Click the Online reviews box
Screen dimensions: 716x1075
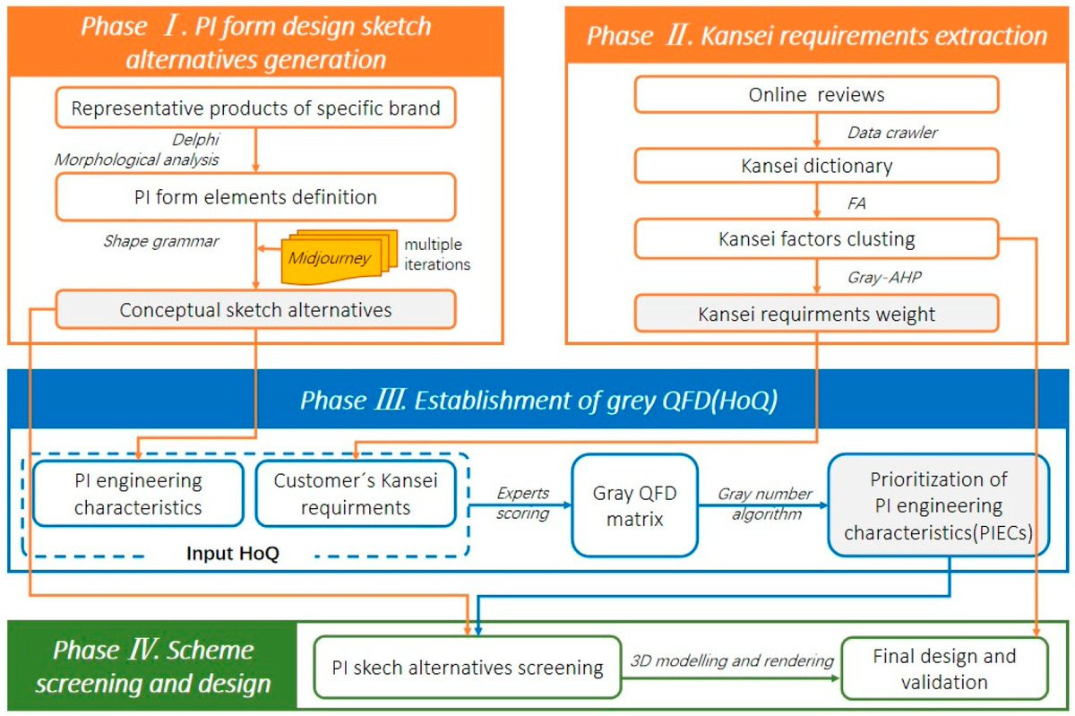coord(816,95)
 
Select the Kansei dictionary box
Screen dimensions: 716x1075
coord(816,166)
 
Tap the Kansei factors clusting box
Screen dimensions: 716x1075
coord(816,239)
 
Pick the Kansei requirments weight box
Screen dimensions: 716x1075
coord(816,315)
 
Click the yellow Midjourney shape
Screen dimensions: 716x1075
coord(329,258)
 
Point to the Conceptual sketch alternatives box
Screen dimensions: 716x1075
coord(255,310)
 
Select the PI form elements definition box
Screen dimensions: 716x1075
coord(255,196)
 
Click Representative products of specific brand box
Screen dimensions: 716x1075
coord(255,109)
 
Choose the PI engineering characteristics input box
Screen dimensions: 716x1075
coord(138,494)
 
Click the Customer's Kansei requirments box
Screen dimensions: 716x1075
coord(356,494)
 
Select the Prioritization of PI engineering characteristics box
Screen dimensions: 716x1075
coord(938,505)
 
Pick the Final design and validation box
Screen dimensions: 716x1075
coord(944,669)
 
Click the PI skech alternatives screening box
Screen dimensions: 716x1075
coord(467,668)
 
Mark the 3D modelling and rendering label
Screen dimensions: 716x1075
coord(732,660)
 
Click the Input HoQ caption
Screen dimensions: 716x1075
coord(233,553)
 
